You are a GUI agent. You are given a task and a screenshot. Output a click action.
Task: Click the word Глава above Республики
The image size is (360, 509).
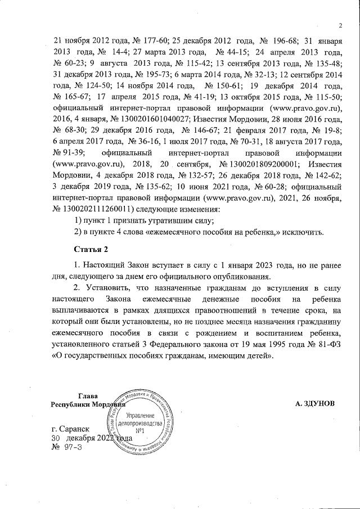pos(87,396)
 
